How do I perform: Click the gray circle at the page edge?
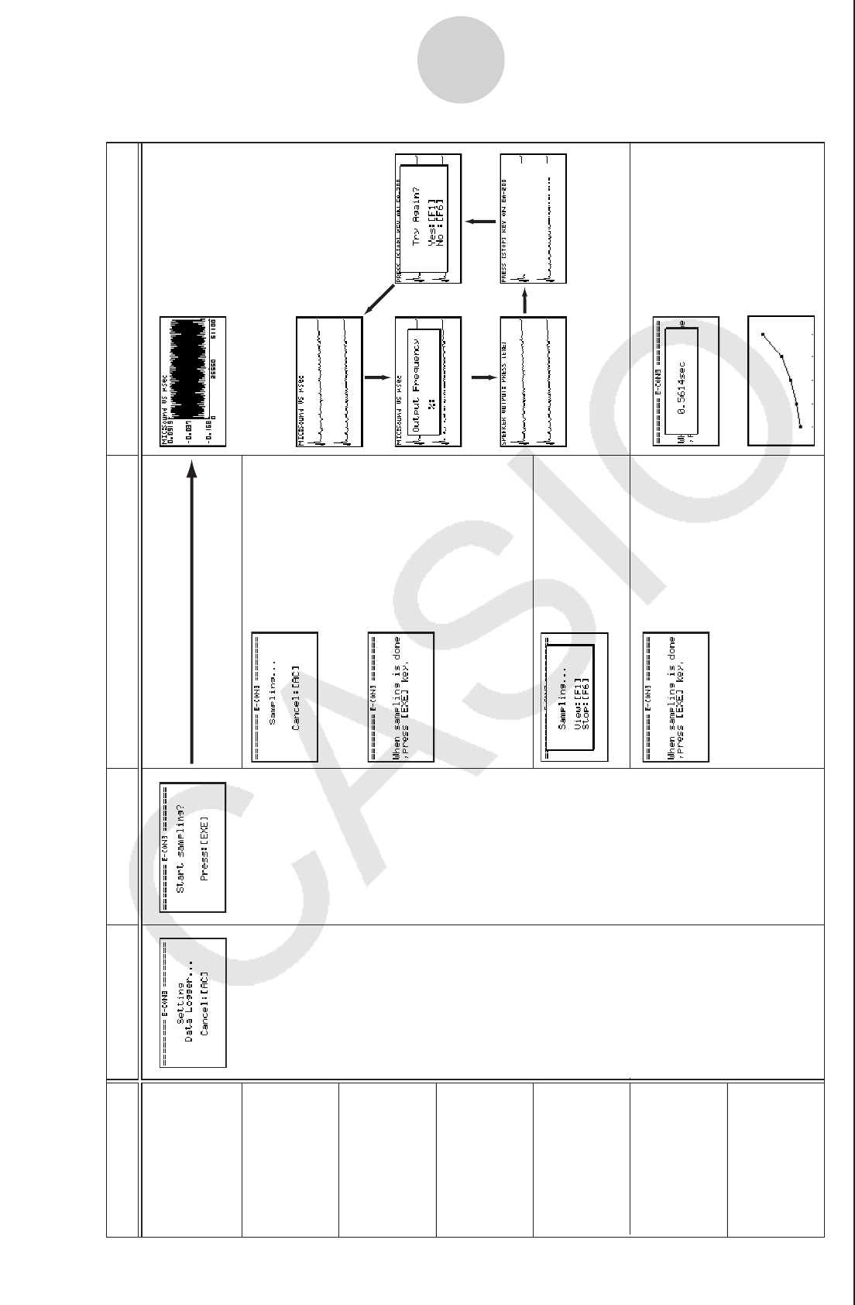(461, 60)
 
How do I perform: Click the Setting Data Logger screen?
(193, 1002)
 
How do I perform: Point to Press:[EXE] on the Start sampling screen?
(204, 848)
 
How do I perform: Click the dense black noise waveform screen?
(193, 381)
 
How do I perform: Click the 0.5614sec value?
(682, 381)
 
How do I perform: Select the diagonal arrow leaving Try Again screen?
(379, 300)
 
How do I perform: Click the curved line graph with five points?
(781, 380)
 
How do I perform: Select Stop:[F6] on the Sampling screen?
(586, 697)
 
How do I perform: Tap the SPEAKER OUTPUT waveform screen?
(533, 381)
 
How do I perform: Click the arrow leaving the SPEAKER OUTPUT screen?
(524, 300)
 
